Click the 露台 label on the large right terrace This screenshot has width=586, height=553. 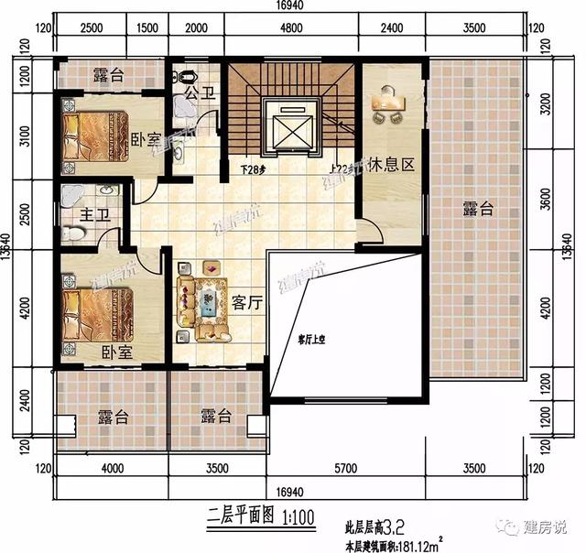478,210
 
